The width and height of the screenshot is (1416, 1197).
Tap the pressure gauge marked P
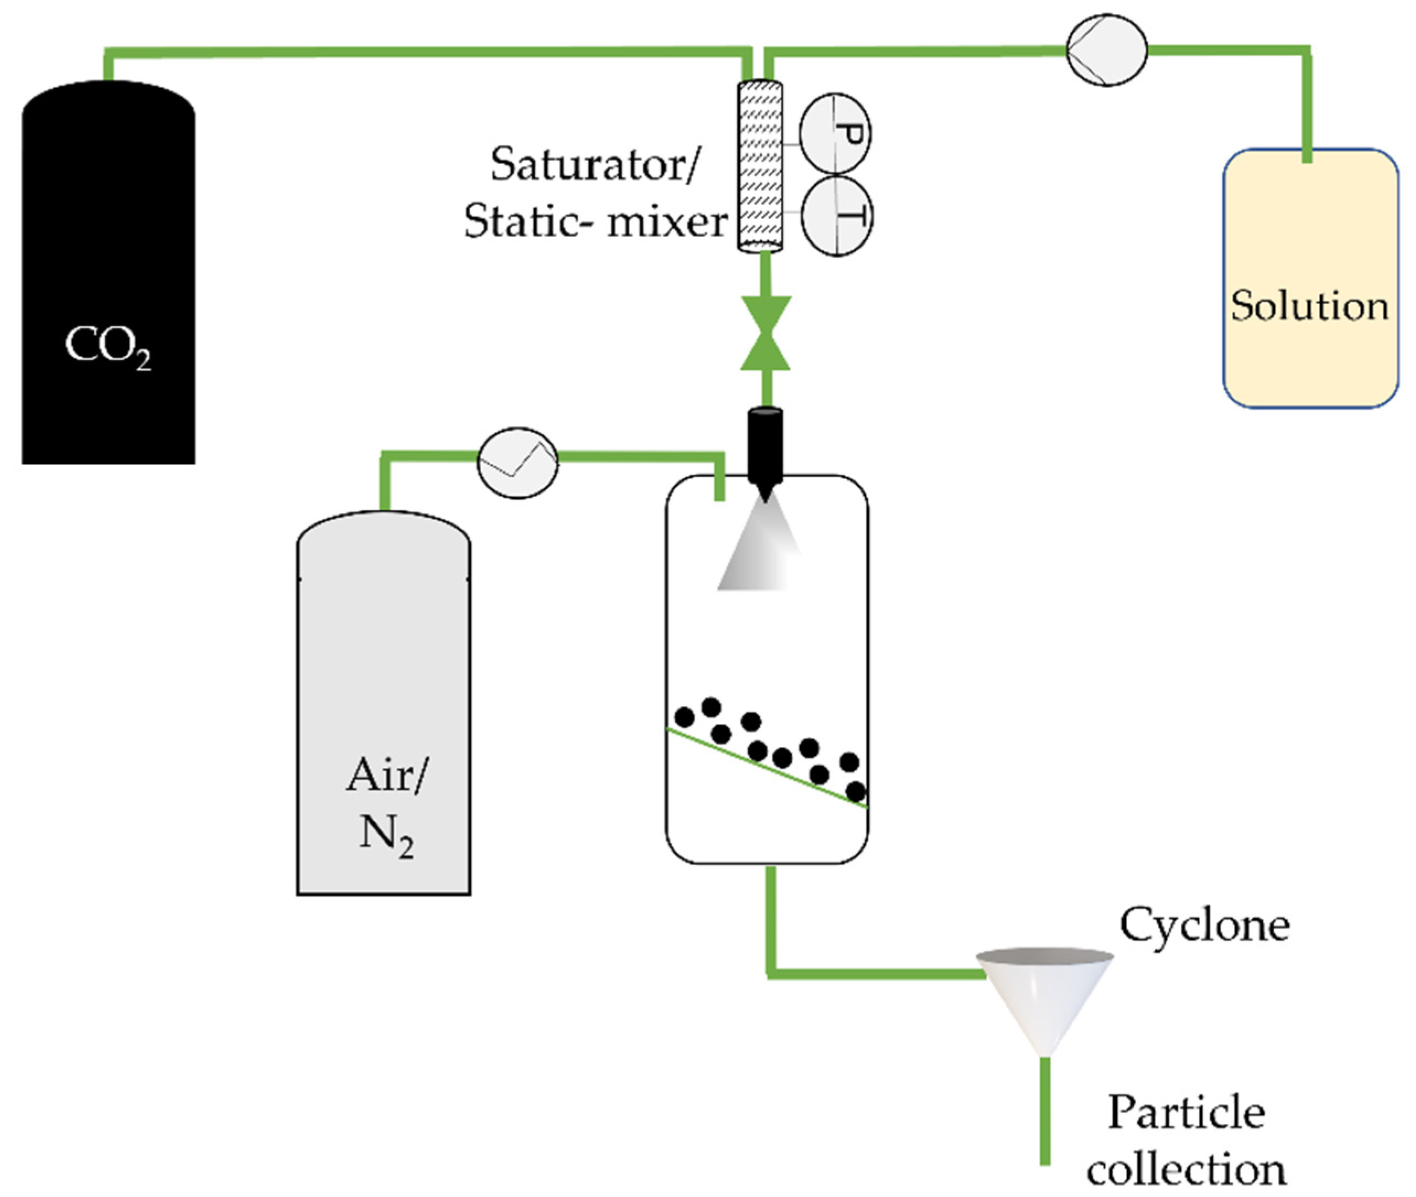click(x=835, y=134)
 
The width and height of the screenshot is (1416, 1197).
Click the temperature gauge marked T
click(x=836, y=216)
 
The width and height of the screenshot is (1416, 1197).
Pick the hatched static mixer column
click(x=760, y=166)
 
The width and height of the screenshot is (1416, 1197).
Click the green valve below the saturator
click(x=765, y=333)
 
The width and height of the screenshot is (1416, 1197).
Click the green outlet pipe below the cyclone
click(x=1046, y=1113)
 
